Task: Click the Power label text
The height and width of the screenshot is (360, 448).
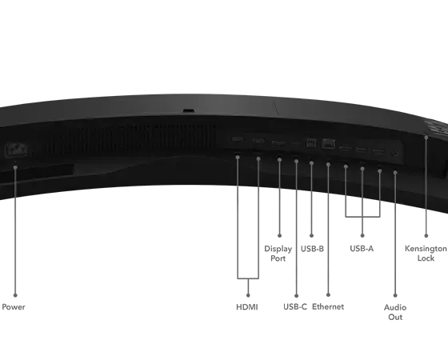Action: (x=14, y=307)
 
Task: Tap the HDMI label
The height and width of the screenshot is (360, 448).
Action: (x=247, y=307)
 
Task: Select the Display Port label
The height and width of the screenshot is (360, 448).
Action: (x=278, y=254)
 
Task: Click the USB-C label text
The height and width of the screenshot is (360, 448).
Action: (x=295, y=307)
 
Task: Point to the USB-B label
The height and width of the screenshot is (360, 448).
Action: (x=312, y=249)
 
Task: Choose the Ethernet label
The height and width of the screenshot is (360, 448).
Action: (x=328, y=307)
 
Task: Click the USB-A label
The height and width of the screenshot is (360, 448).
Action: (x=362, y=249)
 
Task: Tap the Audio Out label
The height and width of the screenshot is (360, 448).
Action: (x=395, y=312)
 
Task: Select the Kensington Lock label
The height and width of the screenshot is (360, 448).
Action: (x=426, y=254)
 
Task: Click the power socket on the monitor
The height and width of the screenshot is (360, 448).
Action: (x=16, y=150)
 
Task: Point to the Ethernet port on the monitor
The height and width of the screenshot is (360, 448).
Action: (x=328, y=144)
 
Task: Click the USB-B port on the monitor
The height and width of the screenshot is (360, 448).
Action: (x=311, y=143)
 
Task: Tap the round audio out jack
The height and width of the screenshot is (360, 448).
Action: (x=395, y=154)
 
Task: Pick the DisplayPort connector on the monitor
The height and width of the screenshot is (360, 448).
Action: (x=279, y=143)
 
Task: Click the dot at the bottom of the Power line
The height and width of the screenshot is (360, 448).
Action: (x=15, y=295)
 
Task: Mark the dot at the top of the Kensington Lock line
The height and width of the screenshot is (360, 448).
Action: (x=426, y=138)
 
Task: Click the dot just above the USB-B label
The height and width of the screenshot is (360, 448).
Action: (x=311, y=236)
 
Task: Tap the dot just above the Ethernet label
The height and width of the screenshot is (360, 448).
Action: (x=328, y=294)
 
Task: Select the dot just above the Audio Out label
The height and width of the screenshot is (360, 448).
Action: (x=395, y=295)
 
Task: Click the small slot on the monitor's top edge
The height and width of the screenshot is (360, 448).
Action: (x=189, y=110)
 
